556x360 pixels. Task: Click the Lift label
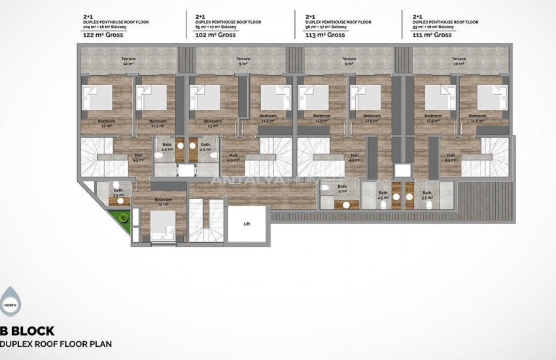coord(247,224)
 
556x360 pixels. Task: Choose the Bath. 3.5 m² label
coord(118,193)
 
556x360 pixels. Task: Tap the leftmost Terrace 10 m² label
coord(128,62)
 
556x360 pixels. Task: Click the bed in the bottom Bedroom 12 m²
coord(164,228)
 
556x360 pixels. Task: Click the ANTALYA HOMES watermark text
coord(278,179)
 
